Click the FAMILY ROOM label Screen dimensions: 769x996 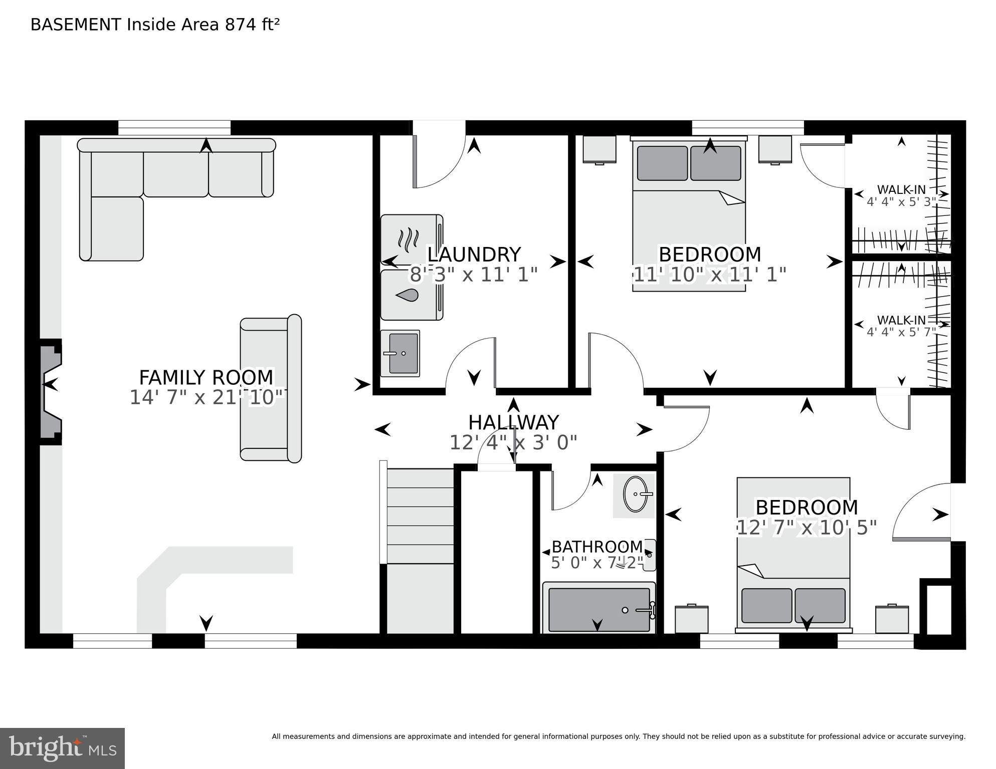(x=206, y=377)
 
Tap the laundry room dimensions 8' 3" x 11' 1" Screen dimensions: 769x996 (x=474, y=275)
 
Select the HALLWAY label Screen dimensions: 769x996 (x=513, y=423)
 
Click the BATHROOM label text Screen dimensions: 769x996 (x=597, y=547)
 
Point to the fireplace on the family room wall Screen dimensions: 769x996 (x=51, y=392)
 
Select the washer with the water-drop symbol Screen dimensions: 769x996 (x=412, y=295)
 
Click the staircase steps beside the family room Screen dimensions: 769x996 (x=420, y=516)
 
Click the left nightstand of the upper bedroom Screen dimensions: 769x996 (x=600, y=149)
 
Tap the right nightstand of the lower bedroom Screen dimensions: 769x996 (x=892, y=620)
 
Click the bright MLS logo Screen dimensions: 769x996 (x=63, y=748)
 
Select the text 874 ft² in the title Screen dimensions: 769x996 (x=252, y=25)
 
